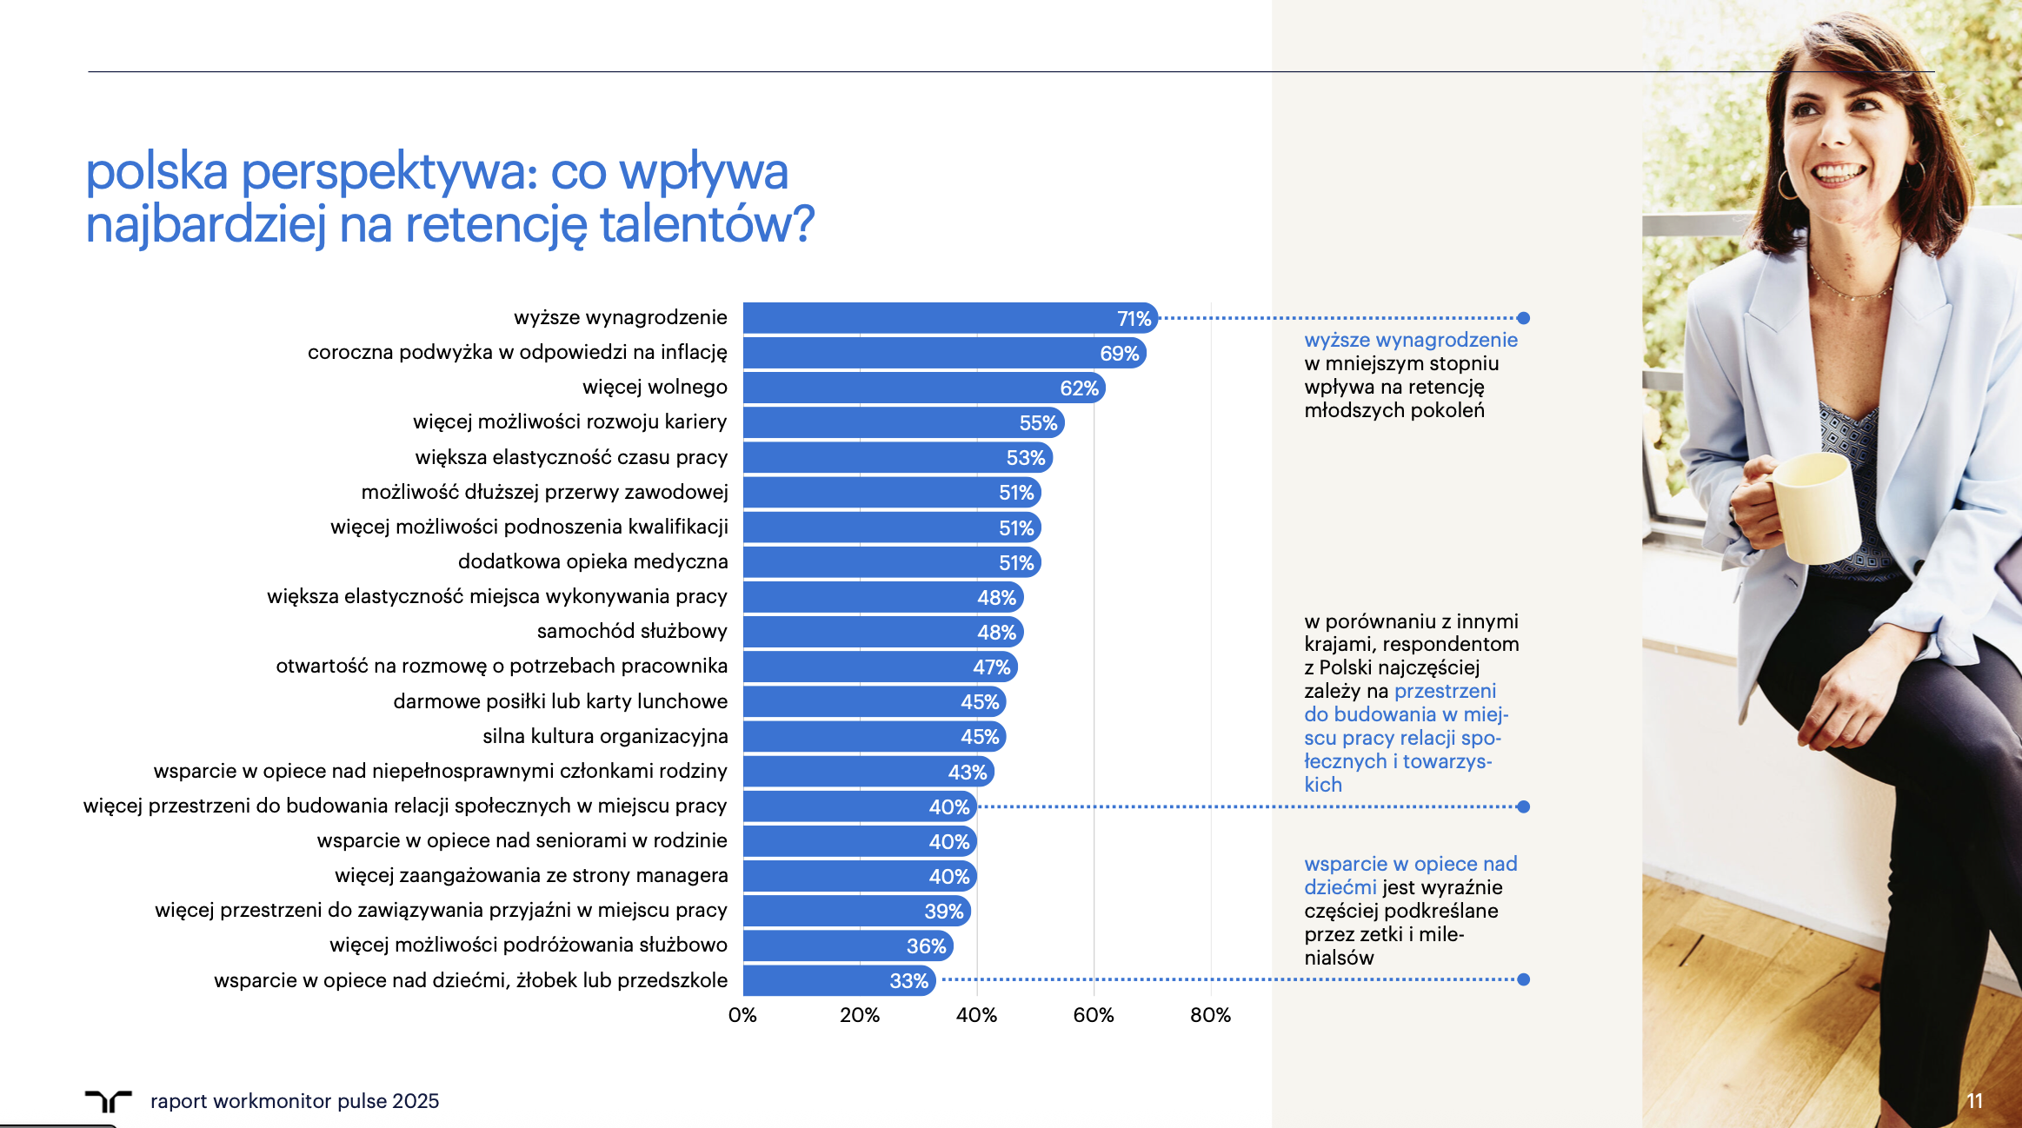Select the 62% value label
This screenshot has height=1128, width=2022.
[1079, 388]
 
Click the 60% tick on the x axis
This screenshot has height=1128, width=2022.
[1093, 1015]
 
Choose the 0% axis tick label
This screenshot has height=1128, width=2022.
[742, 1015]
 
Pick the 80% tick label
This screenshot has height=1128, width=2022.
[1210, 1015]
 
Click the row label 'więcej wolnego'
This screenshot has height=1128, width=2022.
[655, 387]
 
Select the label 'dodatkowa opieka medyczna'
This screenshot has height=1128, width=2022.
[593, 561]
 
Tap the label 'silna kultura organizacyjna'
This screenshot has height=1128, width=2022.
[605, 736]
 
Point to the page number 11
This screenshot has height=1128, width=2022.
[1974, 1101]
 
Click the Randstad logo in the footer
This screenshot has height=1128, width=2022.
[108, 1100]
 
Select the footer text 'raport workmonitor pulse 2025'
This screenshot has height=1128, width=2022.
[295, 1101]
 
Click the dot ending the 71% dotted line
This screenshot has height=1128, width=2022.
[1523, 318]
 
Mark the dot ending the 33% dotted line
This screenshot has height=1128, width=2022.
[1523, 979]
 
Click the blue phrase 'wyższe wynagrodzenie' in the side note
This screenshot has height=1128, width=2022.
[1411, 340]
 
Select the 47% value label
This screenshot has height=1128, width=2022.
[991, 667]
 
